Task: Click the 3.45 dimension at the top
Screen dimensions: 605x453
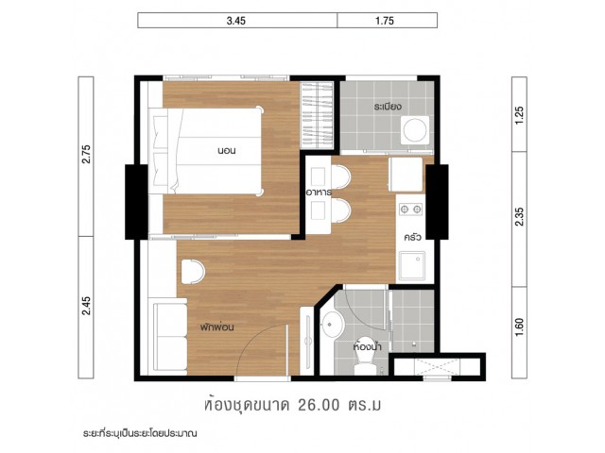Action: tap(235, 21)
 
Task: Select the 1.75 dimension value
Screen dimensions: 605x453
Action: tap(385, 21)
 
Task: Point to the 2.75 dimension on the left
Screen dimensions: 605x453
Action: tap(86, 154)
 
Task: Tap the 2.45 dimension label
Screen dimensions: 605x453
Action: tap(86, 306)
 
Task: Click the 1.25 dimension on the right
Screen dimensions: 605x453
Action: tap(520, 115)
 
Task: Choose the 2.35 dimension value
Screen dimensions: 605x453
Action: tap(520, 216)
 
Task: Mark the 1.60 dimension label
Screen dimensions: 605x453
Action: tap(520, 327)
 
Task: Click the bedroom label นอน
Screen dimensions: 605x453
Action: tap(227, 151)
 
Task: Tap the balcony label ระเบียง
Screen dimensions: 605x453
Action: tap(389, 107)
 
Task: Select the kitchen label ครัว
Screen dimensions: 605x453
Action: tap(412, 237)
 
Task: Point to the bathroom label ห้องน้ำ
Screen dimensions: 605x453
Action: tap(368, 346)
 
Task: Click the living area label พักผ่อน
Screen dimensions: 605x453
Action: tap(217, 327)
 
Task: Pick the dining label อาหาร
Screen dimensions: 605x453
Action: tap(319, 193)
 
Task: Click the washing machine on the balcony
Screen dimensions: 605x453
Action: tap(415, 130)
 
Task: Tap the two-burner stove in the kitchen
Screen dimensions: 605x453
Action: tap(410, 210)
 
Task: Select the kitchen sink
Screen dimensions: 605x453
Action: tap(412, 266)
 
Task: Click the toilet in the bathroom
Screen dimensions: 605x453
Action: tap(365, 362)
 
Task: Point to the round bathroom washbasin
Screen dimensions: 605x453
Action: tap(333, 325)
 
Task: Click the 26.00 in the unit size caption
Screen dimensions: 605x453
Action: tap(319, 405)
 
